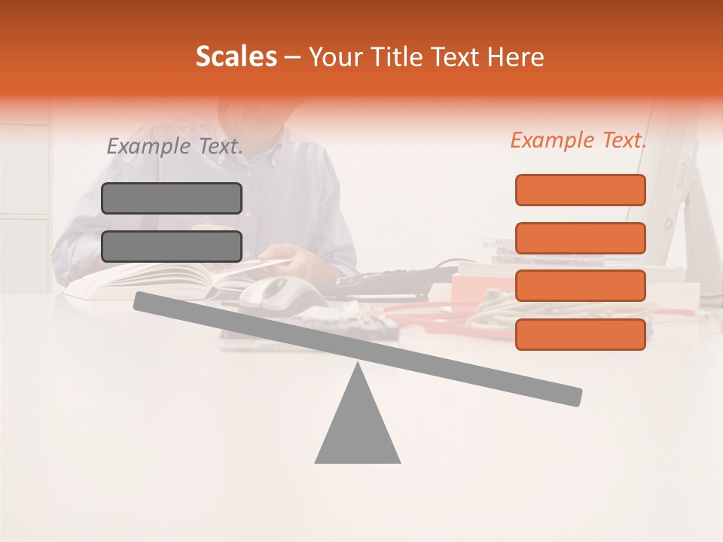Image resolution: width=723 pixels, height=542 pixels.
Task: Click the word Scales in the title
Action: click(x=236, y=56)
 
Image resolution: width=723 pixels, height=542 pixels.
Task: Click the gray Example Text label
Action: click(x=175, y=146)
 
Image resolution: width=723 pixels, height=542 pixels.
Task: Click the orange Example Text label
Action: click(x=578, y=140)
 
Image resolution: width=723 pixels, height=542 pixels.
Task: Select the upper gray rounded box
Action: click(x=172, y=198)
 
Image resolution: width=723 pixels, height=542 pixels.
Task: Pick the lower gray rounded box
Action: click(x=172, y=246)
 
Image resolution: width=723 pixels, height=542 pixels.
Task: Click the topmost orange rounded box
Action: click(x=581, y=190)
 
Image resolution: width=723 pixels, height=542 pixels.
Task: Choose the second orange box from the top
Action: click(x=581, y=238)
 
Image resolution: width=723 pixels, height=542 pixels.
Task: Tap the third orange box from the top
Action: click(x=581, y=286)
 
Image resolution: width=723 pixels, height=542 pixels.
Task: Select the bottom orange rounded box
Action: click(x=581, y=334)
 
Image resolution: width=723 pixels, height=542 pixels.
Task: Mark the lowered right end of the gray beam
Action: click(x=572, y=396)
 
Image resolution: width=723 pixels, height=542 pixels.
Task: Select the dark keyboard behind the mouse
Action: click(x=377, y=281)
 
